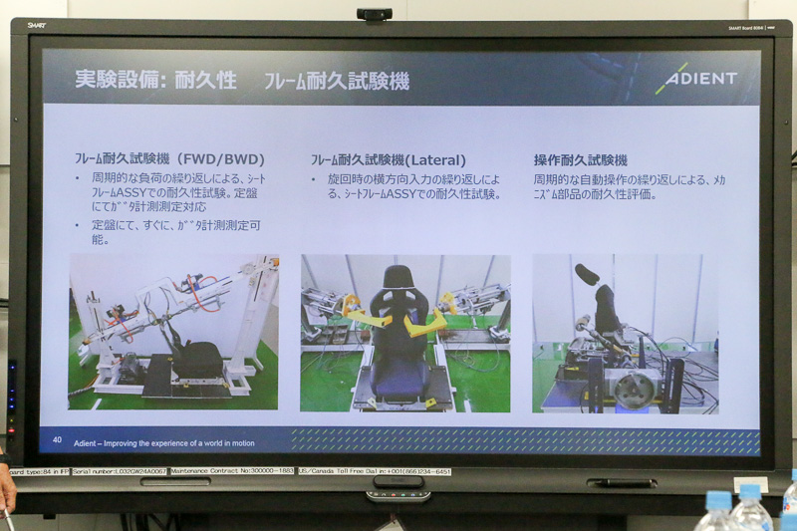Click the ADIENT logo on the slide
coord(696,79)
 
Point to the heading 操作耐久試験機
coord(581,159)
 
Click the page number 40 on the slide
coord(57,439)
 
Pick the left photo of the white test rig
coord(173,332)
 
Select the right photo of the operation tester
coord(625,333)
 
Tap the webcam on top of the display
coord(374,14)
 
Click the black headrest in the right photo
coord(587,273)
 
